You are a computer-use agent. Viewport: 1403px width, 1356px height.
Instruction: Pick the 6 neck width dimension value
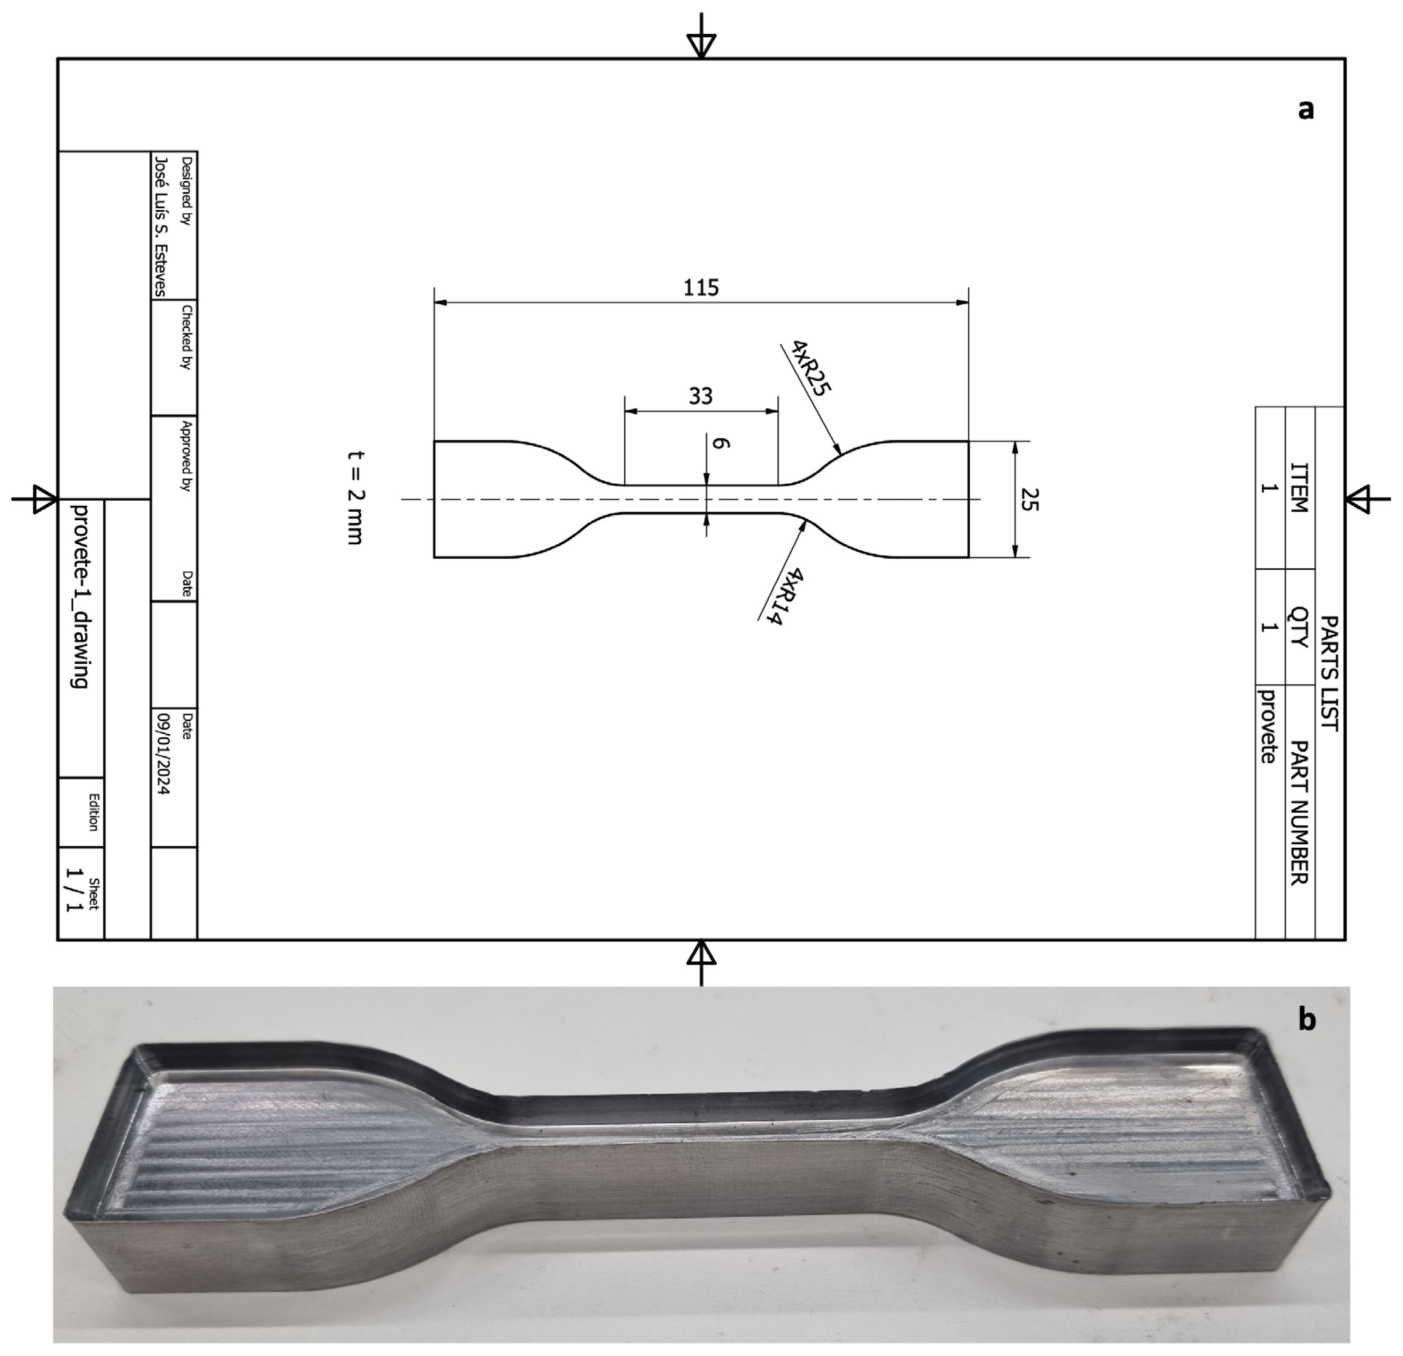pyautogui.click(x=721, y=444)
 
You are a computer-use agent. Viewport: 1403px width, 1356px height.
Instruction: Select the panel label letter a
pyautogui.click(x=1306, y=109)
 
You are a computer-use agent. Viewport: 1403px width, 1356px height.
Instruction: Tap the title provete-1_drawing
pyautogui.click(x=81, y=595)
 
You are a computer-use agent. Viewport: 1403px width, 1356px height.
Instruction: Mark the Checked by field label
pyautogui.click(x=186, y=337)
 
